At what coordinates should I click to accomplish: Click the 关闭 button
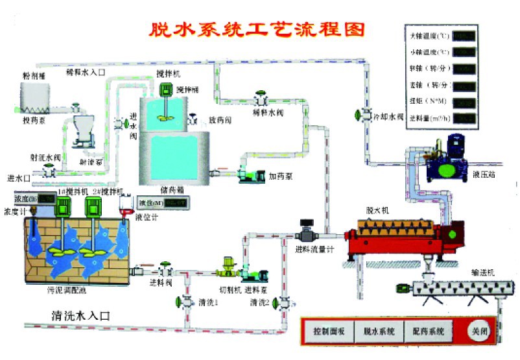point(480,331)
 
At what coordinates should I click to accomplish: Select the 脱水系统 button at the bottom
point(379,331)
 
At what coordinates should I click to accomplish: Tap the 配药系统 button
point(429,331)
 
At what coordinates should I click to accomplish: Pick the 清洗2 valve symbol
point(278,302)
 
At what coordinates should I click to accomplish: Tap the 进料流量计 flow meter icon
point(306,233)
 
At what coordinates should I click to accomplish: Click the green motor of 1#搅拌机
point(64,208)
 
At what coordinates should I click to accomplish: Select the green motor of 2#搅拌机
point(93,208)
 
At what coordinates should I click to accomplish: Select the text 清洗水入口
point(80,316)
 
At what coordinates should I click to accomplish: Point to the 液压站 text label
point(484,174)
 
